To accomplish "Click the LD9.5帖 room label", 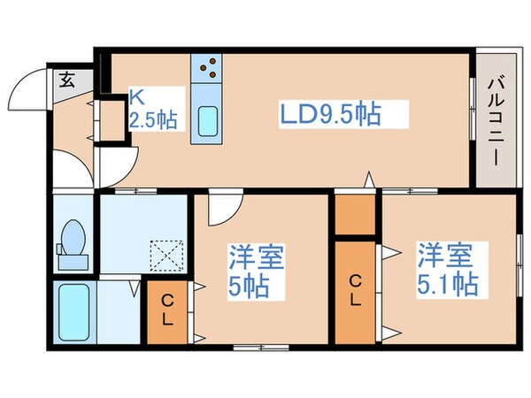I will (x=332, y=114).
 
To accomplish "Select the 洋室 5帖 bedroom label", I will (x=256, y=273).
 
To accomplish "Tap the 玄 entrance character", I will (x=67, y=80).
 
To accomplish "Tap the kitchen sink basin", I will (x=208, y=119).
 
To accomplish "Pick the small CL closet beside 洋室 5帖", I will (x=167, y=312).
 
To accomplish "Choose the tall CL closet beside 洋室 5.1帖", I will (x=355, y=292).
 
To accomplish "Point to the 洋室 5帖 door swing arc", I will (x=224, y=210).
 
